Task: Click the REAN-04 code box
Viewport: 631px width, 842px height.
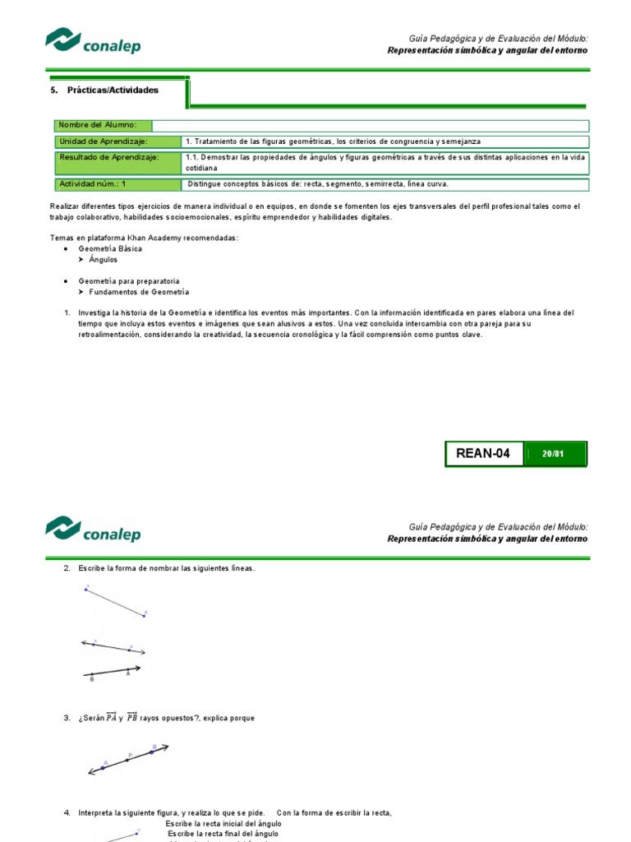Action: [484, 453]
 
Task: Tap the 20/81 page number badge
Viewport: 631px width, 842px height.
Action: [554, 453]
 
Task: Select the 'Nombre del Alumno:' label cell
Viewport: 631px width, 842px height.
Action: [103, 125]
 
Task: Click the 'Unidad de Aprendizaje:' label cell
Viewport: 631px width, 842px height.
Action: [117, 141]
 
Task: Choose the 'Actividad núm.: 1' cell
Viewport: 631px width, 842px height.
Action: [117, 184]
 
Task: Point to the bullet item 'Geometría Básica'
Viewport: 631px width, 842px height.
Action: [110, 248]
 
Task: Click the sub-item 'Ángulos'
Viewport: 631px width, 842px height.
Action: [103, 259]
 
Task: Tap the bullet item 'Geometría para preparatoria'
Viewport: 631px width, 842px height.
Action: [129, 281]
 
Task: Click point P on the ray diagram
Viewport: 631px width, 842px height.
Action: [129, 759]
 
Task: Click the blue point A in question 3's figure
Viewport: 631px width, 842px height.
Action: [104, 766]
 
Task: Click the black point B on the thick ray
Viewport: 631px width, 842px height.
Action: [92, 675]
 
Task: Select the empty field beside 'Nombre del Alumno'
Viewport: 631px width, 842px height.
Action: [370, 125]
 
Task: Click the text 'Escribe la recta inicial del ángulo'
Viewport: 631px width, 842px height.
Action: [223, 823]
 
